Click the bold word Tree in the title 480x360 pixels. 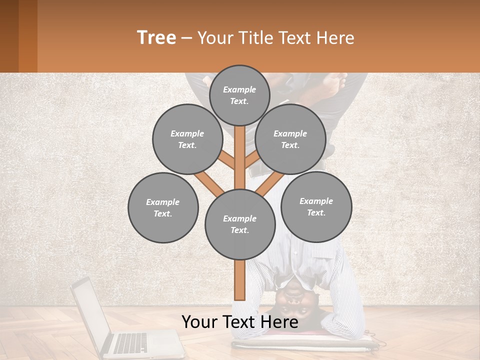156,37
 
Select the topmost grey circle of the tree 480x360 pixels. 239,95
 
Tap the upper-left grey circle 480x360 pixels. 187,139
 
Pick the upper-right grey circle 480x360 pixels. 290,139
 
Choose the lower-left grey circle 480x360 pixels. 163,207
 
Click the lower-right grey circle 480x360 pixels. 316,206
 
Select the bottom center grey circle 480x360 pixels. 240,224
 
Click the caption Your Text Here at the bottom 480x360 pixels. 240,322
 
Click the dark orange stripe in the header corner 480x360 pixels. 27,36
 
